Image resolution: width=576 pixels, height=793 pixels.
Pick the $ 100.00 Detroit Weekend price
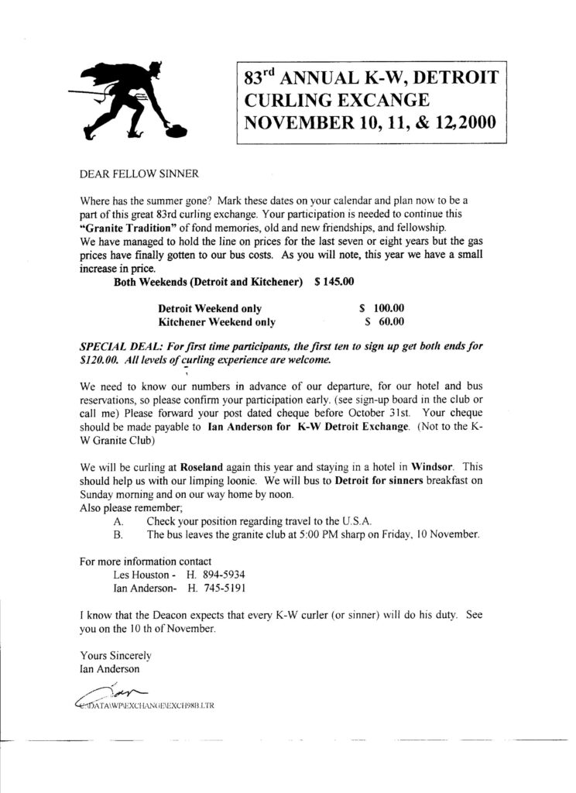(x=381, y=307)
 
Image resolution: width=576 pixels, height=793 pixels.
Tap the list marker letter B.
(x=118, y=535)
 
